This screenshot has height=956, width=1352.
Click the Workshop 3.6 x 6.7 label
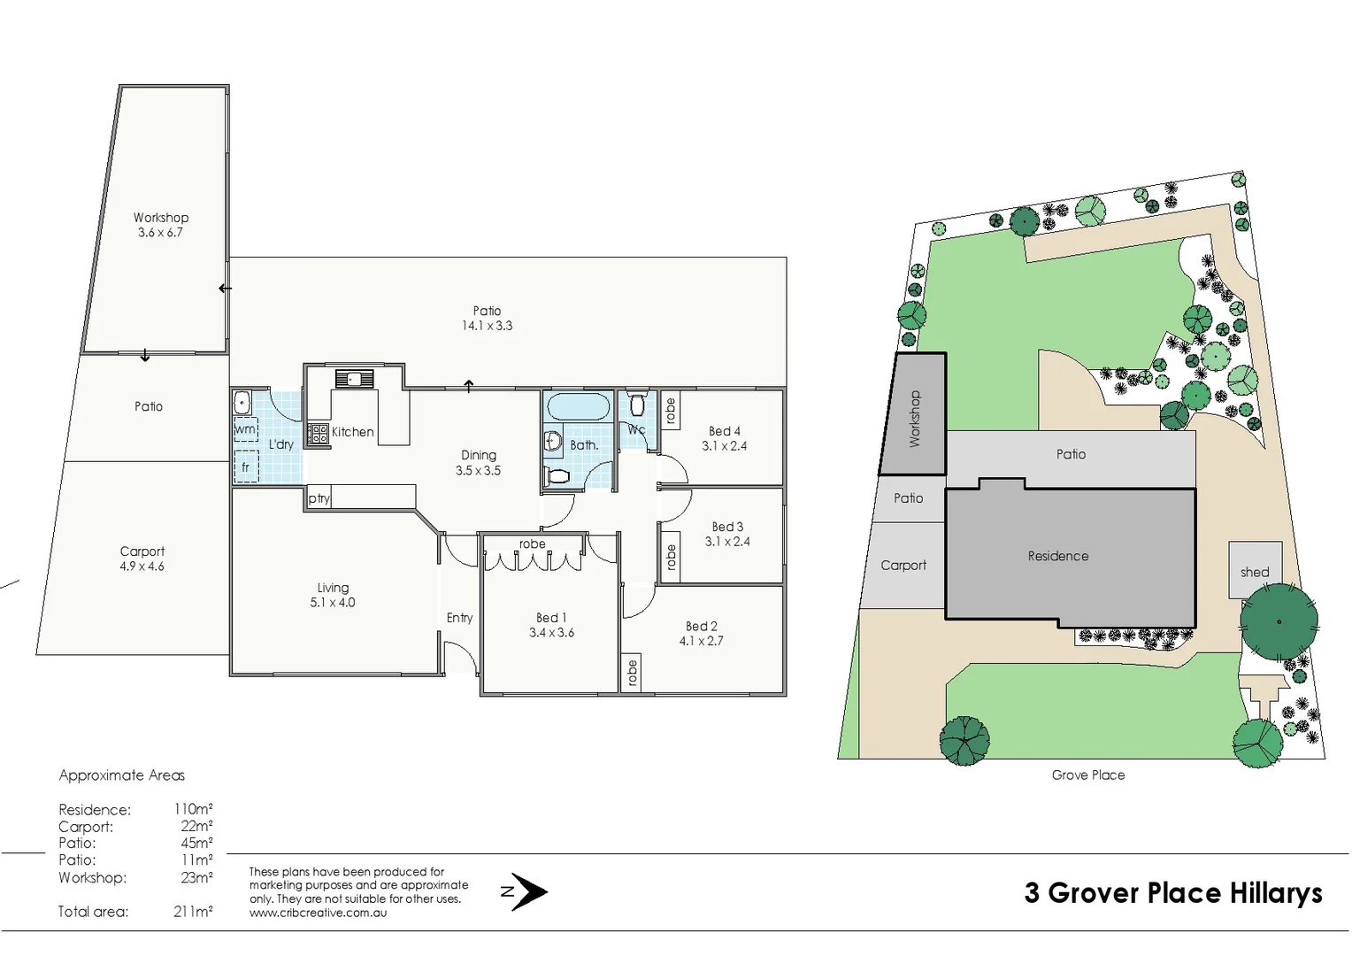tap(161, 225)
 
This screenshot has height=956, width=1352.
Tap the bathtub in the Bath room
tap(579, 407)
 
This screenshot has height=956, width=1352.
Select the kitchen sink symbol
tap(354, 380)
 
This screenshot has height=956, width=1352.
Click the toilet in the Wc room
tap(637, 406)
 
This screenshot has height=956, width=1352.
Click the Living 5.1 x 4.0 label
tap(333, 595)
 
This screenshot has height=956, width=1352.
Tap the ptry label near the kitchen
tap(319, 498)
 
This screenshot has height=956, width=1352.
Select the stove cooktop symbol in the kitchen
tap(319, 434)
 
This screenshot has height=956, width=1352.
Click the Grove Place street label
tap(1087, 775)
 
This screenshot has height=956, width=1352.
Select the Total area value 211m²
tap(193, 911)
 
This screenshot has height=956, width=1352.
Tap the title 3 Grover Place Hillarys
tap(1172, 892)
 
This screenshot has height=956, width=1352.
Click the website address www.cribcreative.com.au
tap(318, 913)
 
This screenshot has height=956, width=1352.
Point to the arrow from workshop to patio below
tap(145, 357)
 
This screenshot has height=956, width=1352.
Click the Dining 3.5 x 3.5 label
tap(479, 463)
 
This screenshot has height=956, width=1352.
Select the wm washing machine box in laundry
tap(245, 429)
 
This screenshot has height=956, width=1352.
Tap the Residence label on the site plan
tap(1057, 556)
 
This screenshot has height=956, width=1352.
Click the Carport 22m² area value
tap(196, 826)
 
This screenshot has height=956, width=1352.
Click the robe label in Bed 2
tap(632, 673)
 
